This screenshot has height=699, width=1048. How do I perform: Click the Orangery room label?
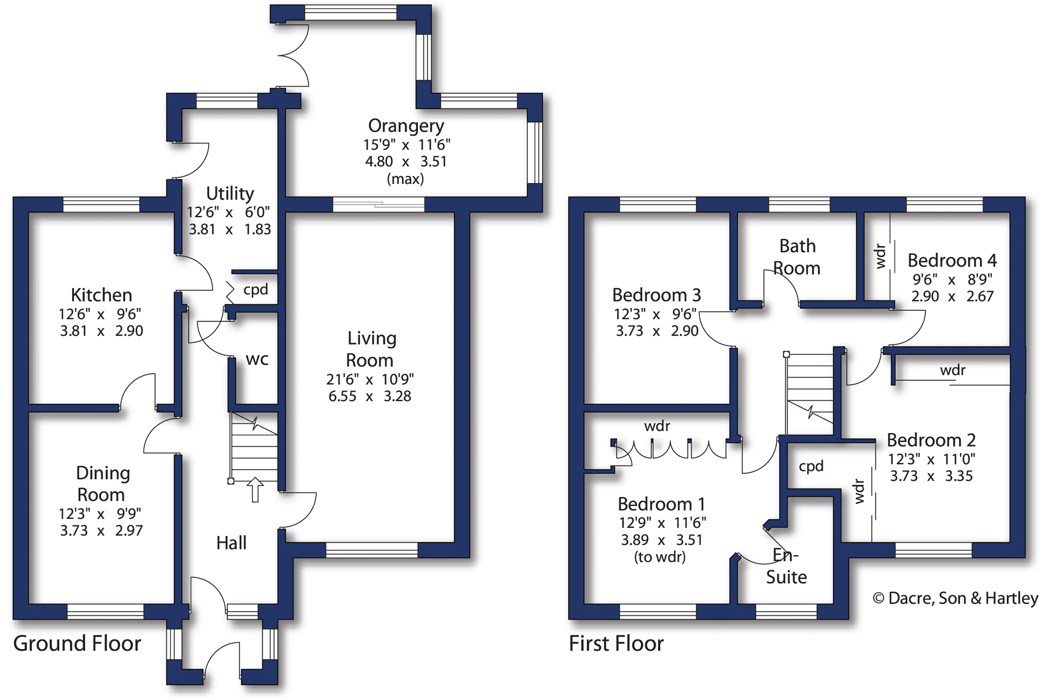click(x=406, y=126)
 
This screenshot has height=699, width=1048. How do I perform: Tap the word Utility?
click(x=230, y=193)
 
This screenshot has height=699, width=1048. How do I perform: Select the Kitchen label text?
click(x=102, y=295)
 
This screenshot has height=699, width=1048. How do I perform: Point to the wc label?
click(x=257, y=359)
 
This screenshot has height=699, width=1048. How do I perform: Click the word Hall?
click(x=231, y=543)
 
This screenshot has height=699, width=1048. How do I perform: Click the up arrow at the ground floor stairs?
click(x=255, y=489)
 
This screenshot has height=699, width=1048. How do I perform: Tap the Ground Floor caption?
click(x=77, y=643)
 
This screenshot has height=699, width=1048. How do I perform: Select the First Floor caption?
click(x=616, y=643)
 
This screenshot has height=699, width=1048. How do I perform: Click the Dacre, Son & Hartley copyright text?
click(x=955, y=598)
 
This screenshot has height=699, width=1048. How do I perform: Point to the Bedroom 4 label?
click(x=952, y=260)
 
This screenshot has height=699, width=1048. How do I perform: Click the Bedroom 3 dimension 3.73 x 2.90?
click(x=657, y=331)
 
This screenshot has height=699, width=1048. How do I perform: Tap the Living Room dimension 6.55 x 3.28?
click(x=370, y=396)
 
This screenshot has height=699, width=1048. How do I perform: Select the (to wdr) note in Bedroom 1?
click(x=660, y=557)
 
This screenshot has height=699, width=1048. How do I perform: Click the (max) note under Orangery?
click(x=405, y=179)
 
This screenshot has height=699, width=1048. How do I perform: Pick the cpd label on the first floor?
click(x=811, y=467)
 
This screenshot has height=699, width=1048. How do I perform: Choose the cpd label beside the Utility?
click(x=255, y=290)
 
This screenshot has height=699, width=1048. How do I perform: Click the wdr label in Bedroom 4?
click(x=881, y=257)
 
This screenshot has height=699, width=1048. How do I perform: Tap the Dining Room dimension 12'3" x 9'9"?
click(x=100, y=514)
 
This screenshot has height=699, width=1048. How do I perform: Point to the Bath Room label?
click(x=797, y=257)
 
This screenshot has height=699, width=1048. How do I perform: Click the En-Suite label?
click(x=786, y=566)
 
